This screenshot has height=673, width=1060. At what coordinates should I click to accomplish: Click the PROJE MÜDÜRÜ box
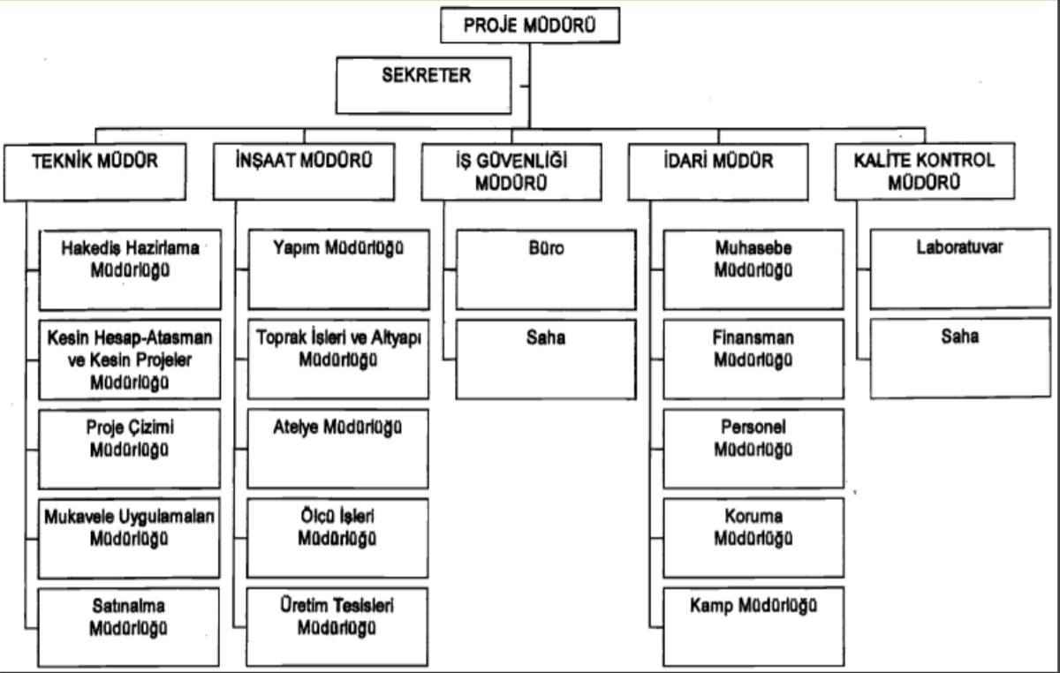pos(528,25)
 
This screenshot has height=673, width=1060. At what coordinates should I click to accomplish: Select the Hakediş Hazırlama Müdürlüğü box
pos(130,269)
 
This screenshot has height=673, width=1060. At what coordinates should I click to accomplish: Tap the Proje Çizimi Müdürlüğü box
pos(130,448)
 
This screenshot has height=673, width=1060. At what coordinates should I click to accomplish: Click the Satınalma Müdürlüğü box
pos(130,627)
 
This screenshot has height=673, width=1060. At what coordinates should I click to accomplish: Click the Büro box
pos(545,269)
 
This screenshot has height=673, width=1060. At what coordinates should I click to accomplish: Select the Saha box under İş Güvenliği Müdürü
pos(545,359)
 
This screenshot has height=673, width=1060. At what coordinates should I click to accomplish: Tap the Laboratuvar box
pos(959,269)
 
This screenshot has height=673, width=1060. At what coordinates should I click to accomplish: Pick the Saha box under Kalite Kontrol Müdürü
pos(959,359)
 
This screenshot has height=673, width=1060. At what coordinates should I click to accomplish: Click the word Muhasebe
pos(753,249)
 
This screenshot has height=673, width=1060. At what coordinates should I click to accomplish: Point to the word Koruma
pos(753,517)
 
